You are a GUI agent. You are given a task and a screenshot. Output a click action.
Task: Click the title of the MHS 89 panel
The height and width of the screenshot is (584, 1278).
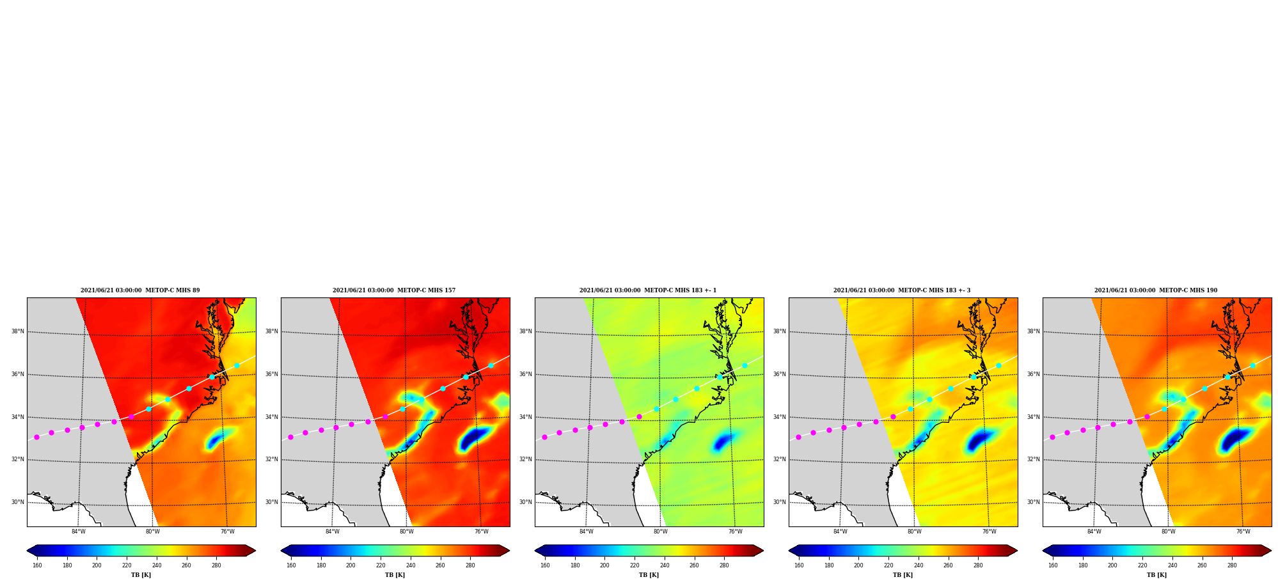tap(140, 290)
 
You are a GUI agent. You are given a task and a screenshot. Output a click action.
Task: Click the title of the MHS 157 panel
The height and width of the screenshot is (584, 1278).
tap(394, 290)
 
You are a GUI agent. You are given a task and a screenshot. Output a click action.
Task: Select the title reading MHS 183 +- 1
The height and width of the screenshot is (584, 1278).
tap(648, 290)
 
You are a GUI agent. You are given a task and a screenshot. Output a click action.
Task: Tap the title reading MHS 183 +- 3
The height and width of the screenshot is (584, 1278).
tap(902, 290)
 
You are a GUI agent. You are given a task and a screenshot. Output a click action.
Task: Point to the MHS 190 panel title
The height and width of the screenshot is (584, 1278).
tap(1156, 290)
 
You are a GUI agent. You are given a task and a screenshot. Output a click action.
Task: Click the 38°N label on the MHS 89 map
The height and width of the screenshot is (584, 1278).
tap(17, 331)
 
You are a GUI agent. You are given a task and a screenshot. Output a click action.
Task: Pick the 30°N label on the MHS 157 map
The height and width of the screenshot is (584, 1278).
tap(271, 502)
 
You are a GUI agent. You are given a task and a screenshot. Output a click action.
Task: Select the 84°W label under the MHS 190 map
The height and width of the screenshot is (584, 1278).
tap(1094, 532)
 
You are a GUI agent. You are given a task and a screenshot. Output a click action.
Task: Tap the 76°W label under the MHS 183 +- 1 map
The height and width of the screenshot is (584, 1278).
tap(736, 532)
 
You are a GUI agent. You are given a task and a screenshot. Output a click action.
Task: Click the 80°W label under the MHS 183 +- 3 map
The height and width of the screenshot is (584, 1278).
tap(915, 532)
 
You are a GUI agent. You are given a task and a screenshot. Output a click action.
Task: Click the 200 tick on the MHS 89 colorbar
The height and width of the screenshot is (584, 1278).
tap(97, 565)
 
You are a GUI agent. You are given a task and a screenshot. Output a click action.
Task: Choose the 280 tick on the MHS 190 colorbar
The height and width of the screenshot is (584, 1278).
tap(1232, 565)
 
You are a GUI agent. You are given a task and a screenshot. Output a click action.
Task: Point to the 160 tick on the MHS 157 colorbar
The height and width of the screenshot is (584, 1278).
tap(291, 565)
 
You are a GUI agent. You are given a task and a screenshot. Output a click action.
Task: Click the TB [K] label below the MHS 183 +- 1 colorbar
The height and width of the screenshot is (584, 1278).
tap(649, 575)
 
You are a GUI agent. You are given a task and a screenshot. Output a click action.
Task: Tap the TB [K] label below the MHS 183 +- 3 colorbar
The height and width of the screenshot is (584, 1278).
tap(903, 575)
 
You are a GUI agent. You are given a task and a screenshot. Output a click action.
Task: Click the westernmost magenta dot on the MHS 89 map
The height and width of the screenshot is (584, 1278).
tap(36, 437)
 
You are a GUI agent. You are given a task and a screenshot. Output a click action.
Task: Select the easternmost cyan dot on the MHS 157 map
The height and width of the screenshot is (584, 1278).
tap(491, 366)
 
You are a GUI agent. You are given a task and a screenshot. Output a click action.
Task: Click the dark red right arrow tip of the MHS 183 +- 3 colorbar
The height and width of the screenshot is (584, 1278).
tap(1017, 550)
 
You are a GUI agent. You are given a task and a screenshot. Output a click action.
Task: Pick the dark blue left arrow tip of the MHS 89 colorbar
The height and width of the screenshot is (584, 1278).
tap(28, 550)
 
